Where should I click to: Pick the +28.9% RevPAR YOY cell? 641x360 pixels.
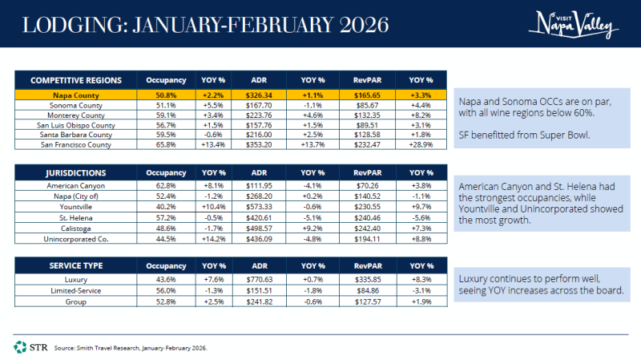click(421, 144)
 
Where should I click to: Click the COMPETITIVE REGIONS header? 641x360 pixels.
click(76, 80)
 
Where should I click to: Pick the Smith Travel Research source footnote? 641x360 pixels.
click(131, 348)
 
